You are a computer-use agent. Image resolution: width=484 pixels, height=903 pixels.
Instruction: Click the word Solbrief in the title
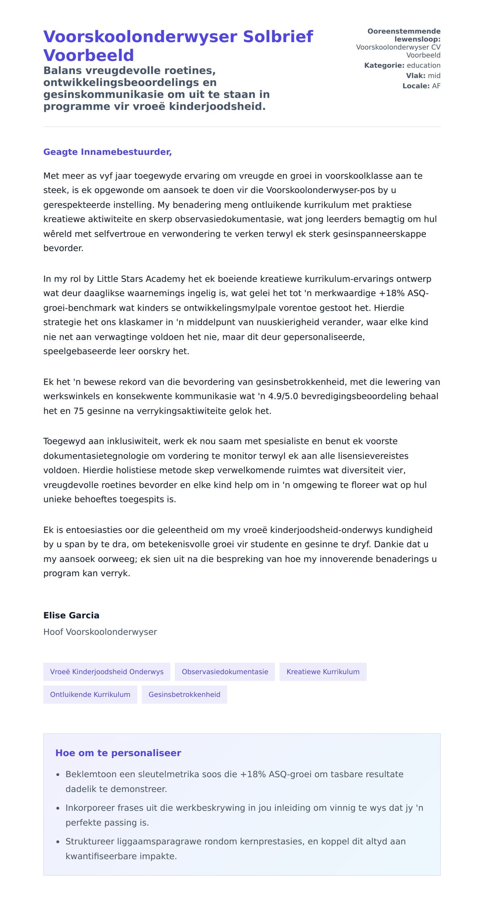[x=278, y=37]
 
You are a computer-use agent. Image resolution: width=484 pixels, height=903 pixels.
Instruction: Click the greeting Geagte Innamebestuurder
[x=107, y=152]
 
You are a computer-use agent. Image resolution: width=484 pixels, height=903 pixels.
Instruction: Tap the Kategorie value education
[x=423, y=65]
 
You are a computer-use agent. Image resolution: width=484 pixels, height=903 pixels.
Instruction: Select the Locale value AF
[x=436, y=86]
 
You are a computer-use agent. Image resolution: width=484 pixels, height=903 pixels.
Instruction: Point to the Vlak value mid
[x=434, y=76]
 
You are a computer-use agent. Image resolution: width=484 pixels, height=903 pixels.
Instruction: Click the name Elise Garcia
[x=71, y=615]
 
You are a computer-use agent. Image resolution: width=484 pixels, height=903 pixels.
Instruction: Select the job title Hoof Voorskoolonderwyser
[x=100, y=632]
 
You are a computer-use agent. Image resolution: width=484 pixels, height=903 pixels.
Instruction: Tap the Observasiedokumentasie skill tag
[x=225, y=672]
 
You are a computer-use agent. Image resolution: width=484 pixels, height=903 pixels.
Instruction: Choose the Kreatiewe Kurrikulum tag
[x=323, y=672]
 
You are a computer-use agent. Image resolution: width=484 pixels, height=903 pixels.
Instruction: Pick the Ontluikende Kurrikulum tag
[x=90, y=694]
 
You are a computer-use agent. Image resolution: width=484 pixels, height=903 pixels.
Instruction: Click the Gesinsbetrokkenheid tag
[x=184, y=694]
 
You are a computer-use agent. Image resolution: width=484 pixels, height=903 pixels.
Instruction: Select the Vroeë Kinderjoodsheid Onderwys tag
[x=106, y=672]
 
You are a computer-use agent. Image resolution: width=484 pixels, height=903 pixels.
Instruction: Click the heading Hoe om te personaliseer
[x=118, y=753]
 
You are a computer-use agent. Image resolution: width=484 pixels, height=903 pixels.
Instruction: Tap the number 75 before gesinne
[x=78, y=411]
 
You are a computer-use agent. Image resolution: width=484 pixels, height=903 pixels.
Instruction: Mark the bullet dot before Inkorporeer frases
[x=58, y=808]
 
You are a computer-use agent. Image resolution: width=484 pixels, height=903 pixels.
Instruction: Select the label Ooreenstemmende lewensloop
[x=404, y=35]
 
